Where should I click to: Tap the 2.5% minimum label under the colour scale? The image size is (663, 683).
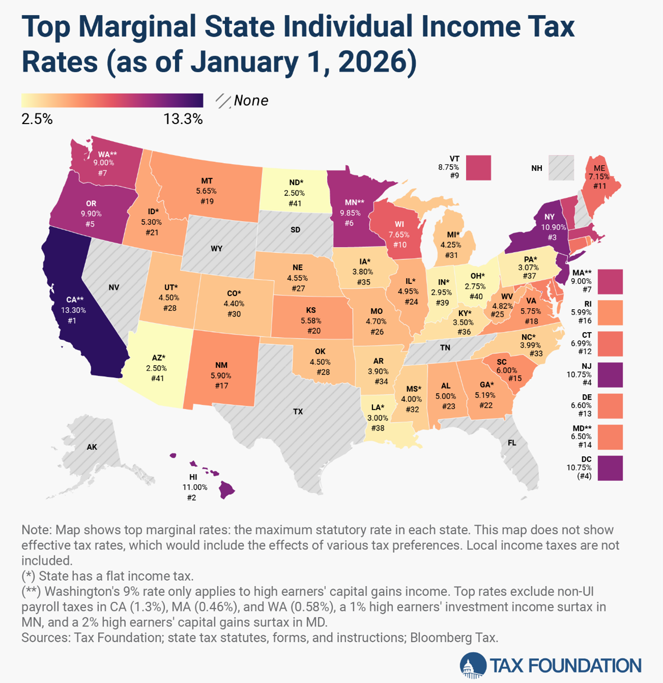37,120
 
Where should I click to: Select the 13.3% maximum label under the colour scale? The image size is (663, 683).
183,120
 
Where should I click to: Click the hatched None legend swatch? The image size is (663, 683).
223,101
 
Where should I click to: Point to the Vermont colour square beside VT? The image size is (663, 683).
478,168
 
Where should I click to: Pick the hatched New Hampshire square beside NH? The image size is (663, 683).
561,168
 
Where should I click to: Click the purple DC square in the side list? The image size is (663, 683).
610,468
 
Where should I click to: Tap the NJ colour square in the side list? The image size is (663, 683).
610,375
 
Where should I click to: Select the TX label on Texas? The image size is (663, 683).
298,411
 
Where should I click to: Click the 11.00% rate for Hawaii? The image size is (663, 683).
195,487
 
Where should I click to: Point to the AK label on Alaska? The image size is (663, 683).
92,447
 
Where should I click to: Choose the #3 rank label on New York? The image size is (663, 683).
552,237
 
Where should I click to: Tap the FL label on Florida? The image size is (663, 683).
512,443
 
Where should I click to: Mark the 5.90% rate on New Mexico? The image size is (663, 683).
221,375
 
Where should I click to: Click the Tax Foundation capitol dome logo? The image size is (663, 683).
472,666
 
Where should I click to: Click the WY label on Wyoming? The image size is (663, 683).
216,249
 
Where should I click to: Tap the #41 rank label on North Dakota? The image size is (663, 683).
295,203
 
